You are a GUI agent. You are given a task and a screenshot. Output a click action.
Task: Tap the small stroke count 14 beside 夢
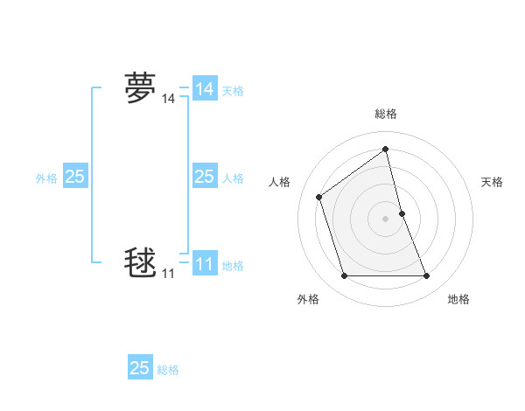(x=168, y=101)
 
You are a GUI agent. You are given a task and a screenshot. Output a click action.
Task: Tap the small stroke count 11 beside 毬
(x=168, y=274)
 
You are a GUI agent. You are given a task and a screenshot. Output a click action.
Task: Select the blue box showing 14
(x=205, y=89)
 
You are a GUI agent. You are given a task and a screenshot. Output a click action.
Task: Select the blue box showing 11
(x=205, y=263)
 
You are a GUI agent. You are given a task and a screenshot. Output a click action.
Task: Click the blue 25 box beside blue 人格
(x=205, y=177)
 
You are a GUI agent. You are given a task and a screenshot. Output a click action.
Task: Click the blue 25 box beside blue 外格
(x=74, y=177)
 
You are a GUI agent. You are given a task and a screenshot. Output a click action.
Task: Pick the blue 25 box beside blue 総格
(x=140, y=368)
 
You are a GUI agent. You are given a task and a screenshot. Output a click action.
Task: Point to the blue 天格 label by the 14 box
(x=233, y=91)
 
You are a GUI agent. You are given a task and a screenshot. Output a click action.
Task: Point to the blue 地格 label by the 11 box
(x=233, y=266)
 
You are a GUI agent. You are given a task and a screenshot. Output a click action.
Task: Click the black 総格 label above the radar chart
(x=386, y=114)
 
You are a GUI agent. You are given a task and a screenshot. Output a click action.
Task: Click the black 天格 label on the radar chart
(x=492, y=182)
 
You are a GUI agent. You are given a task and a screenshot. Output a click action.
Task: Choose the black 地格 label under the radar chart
(x=458, y=299)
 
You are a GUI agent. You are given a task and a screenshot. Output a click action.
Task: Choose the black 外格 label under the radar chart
(x=308, y=299)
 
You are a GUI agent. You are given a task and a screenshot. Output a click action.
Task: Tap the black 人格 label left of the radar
(x=279, y=182)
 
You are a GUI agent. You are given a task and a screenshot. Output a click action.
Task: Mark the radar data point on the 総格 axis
(x=386, y=150)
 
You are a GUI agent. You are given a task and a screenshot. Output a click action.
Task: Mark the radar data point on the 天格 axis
(x=402, y=213)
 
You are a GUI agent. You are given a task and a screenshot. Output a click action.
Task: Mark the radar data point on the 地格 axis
(x=427, y=276)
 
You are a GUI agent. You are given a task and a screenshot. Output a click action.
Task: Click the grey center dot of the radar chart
(x=386, y=219)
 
